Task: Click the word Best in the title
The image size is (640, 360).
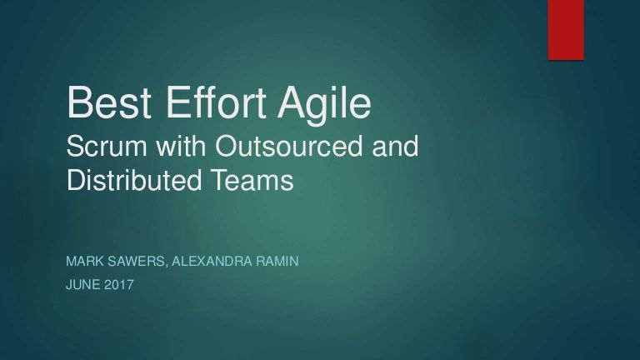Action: (x=109, y=102)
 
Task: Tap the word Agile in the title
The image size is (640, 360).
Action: (x=324, y=105)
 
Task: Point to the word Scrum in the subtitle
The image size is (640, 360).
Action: (x=107, y=146)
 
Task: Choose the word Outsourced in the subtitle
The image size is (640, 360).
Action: (x=288, y=146)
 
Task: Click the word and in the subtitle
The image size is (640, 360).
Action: (x=395, y=146)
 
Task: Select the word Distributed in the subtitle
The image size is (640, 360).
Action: (x=134, y=180)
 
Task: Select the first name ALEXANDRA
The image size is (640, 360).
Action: (x=212, y=261)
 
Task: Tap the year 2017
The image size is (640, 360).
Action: (x=119, y=284)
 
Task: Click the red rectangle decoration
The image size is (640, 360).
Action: (x=566, y=30)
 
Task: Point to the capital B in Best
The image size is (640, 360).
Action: (x=80, y=102)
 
